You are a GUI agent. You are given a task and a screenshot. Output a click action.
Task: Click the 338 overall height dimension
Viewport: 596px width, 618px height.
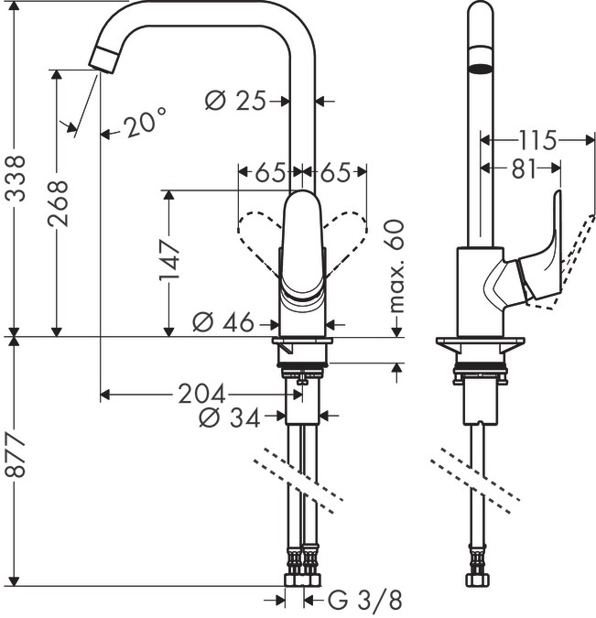(15, 174)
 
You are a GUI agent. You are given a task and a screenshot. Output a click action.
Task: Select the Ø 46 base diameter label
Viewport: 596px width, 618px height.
(224, 322)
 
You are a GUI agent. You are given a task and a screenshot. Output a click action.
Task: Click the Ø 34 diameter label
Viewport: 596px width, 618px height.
(229, 417)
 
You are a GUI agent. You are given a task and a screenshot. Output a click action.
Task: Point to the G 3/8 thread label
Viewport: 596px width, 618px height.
(365, 601)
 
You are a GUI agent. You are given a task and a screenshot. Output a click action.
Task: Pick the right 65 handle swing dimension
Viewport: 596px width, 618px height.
(336, 171)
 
